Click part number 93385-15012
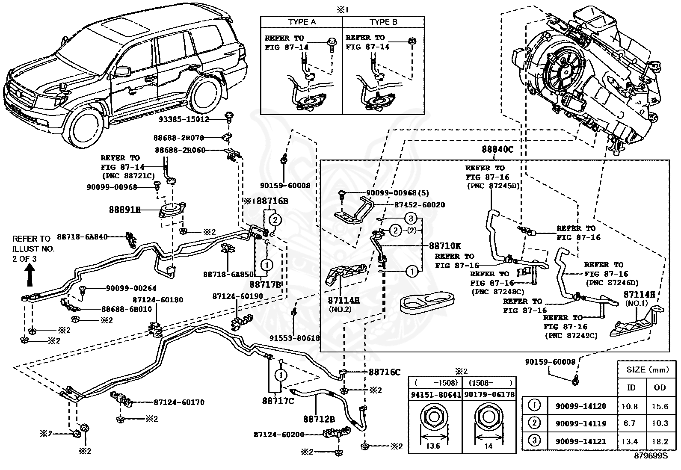pyautogui.click(x=184, y=119)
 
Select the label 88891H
pyautogui.click(x=124, y=210)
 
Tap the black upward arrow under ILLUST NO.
pyautogui.click(x=30, y=275)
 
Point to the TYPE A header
pyautogui.click(x=302, y=22)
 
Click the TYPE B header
pyautogui.click(x=383, y=22)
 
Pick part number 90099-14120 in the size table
pyautogui.click(x=580, y=406)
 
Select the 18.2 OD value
pyautogui.click(x=660, y=441)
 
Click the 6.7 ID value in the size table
pyautogui.click(x=630, y=423)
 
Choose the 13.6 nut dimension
pyautogui.click(x=433, y=446)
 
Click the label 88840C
pyautogui.click(x=497, y=149)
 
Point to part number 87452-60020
pyautogui.click(x=420, y=205)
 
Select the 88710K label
pyautogui.click(x=445, y=245)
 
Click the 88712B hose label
pyautogui.click(x=319, y=419)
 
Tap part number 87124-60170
pyautogui.click(x=179, y=402)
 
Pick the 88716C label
pyautogui.click(x=385, y=372)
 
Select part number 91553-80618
pyautogui.click(x=295, y=338)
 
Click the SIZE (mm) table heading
pyautogui.click(x=648, y=369)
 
